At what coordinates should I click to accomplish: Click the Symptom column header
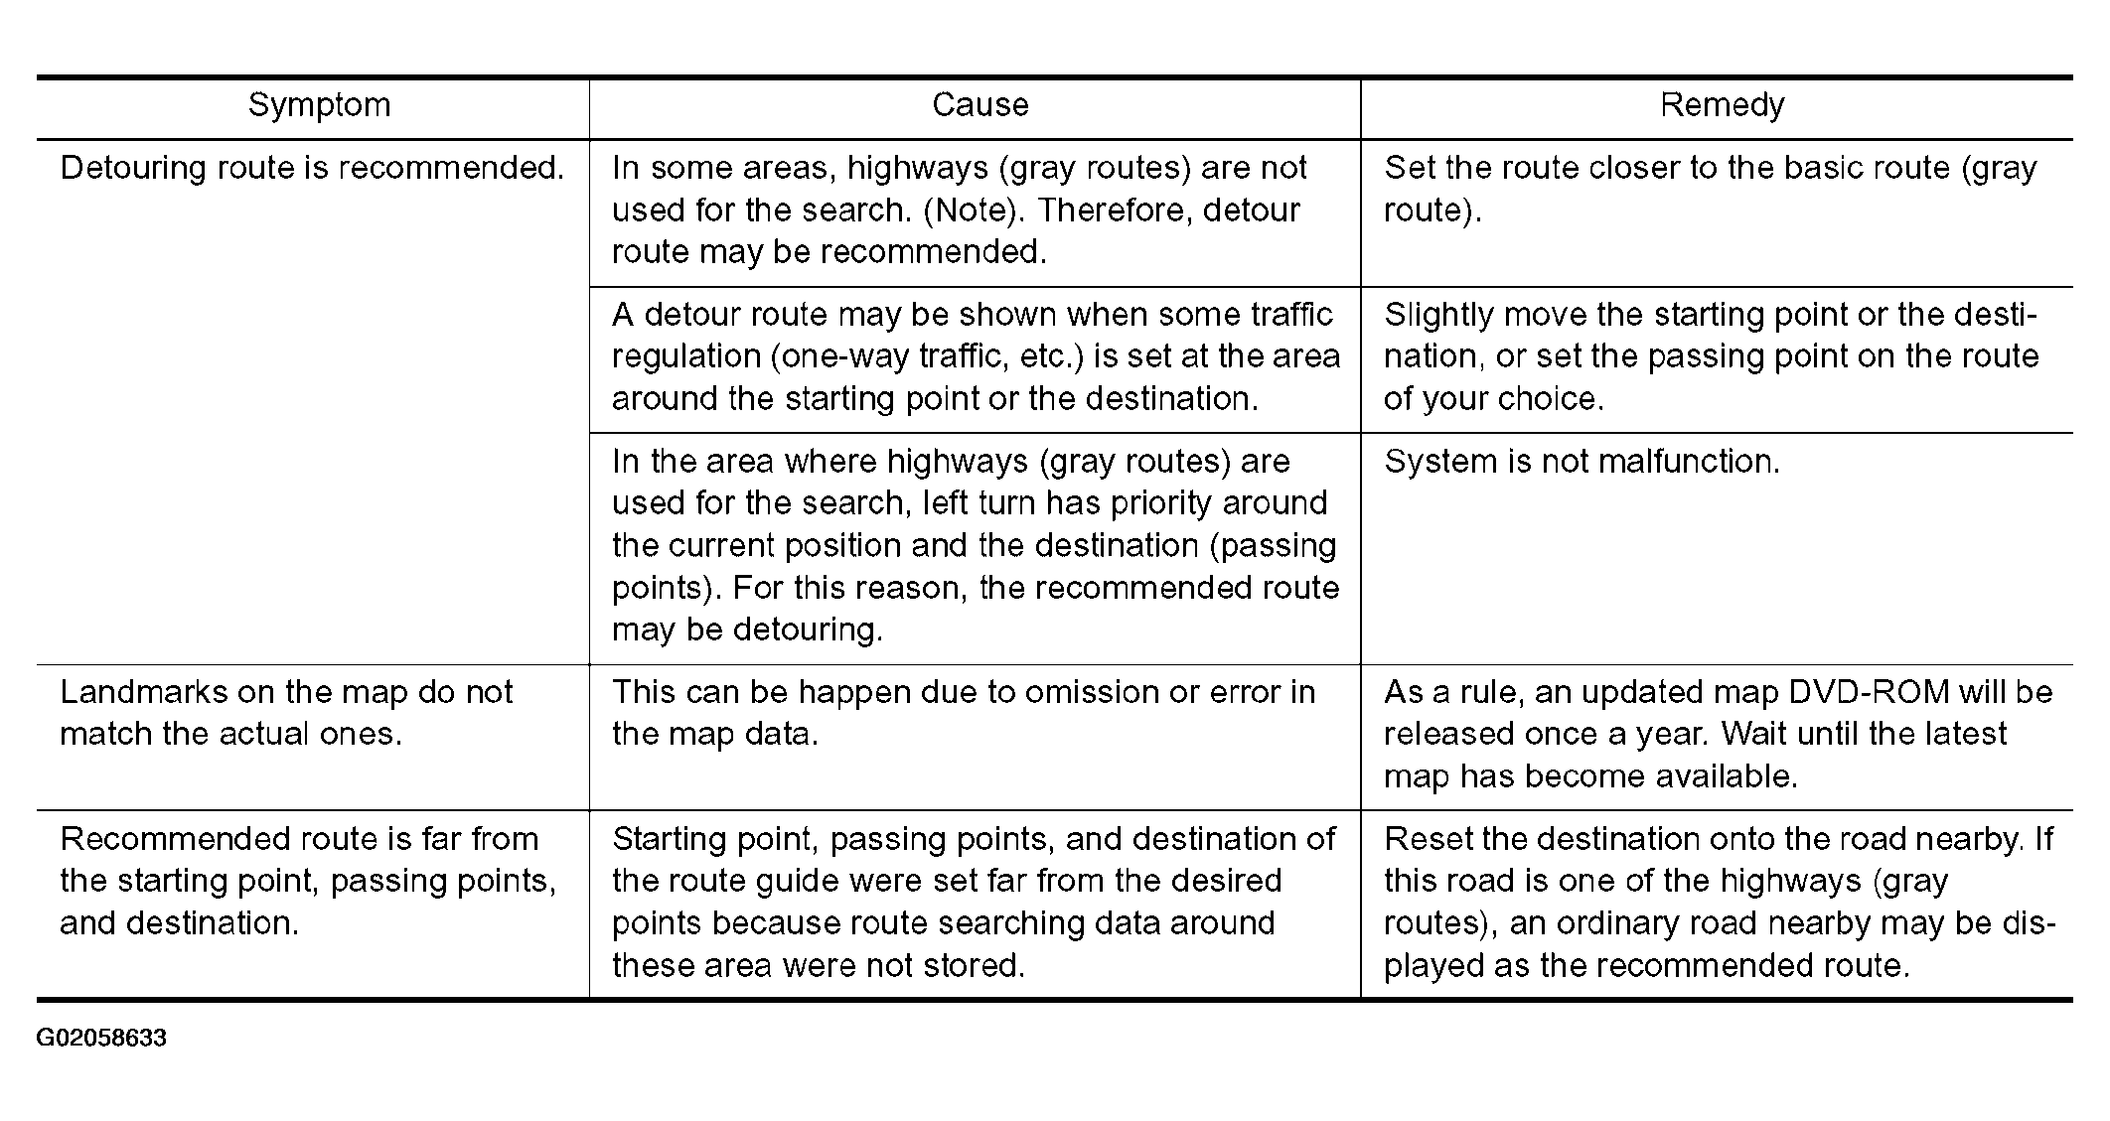(319, 105)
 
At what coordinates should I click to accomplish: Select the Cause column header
(980, 105)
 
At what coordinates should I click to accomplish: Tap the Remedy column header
(1722, 105)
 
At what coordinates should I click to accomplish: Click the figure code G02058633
(101, 1039)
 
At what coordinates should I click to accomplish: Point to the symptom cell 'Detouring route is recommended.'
(312, 168)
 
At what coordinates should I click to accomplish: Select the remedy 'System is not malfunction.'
(1582, 462)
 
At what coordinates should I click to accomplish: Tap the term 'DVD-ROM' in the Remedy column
(1866, 692)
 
